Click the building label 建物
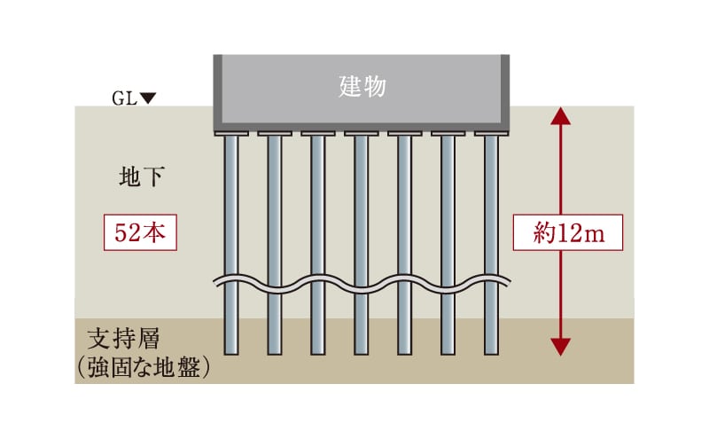pos(361,86)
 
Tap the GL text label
pos(124,98)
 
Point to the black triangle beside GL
pos(148,98)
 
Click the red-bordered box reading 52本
pos(141,232)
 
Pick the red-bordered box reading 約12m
pos(568,232)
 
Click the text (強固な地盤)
pos(144,367)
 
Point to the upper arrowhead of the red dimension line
pos(559,115)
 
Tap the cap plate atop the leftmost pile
pos(231,134)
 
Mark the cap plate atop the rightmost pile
pos(491,134)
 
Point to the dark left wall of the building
pos(217,89)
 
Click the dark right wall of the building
pos(505,89)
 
